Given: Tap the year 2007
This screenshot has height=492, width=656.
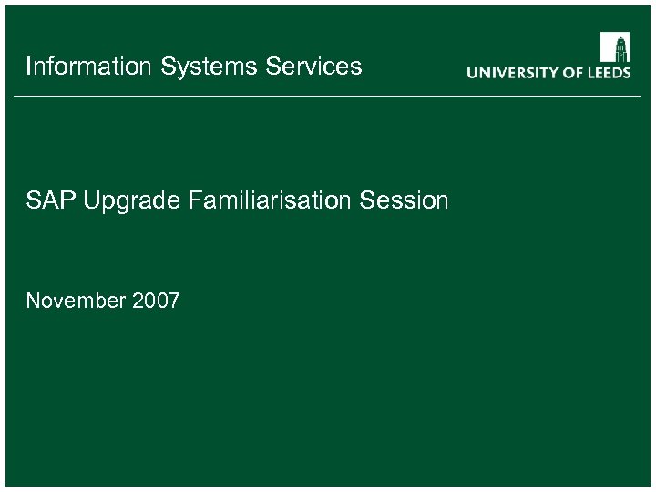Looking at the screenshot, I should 156,301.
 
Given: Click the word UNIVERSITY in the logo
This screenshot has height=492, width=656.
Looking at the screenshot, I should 513,73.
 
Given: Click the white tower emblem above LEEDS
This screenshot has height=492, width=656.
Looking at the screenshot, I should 615,47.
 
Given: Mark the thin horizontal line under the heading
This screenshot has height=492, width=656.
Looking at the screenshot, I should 328,96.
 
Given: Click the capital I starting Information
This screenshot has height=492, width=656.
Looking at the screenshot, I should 28,67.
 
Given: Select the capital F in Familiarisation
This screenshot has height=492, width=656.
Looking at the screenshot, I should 193,200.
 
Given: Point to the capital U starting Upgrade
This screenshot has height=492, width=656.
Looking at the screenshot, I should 89,200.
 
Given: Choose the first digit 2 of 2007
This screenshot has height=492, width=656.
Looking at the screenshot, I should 138,301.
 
